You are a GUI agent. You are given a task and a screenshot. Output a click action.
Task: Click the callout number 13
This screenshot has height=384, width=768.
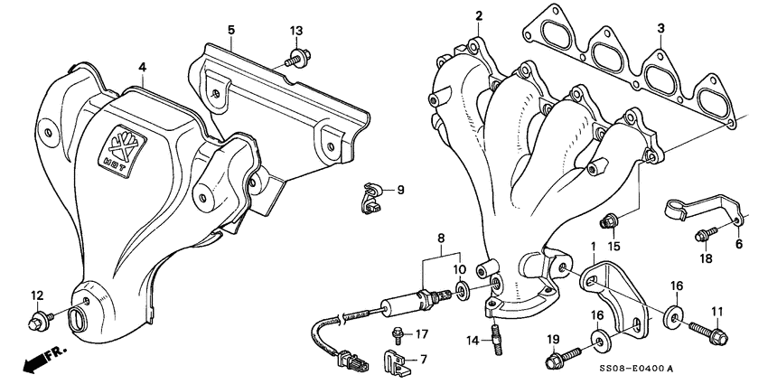click(x=295, y=31)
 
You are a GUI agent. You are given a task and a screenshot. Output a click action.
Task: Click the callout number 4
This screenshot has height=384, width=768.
click(x=142, y=66)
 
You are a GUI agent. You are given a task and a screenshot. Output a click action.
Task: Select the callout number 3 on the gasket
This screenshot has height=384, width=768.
click(x=660, y=29)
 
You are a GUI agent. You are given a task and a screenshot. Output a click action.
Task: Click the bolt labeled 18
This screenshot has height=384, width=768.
click(x=705, y=236)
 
